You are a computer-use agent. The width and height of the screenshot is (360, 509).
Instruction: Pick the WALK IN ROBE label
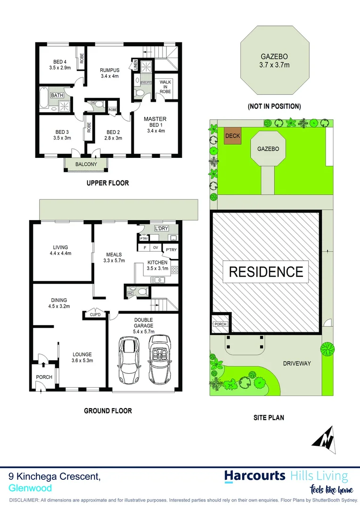(165, 87)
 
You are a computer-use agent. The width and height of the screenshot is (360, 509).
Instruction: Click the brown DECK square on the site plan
(232, 136)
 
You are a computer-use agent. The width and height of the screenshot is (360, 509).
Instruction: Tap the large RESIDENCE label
(266, 272)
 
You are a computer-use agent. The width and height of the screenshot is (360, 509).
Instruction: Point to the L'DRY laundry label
(162, 229)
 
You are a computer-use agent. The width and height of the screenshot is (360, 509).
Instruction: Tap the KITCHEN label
(157, 263)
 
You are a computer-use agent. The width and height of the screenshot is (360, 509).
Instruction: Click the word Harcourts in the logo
(254, 476)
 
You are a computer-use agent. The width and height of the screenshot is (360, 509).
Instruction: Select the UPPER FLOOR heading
(107, 183)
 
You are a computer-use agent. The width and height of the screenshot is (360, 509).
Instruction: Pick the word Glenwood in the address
(30, 488)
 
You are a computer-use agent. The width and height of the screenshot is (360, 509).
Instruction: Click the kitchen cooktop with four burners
(175, 270)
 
